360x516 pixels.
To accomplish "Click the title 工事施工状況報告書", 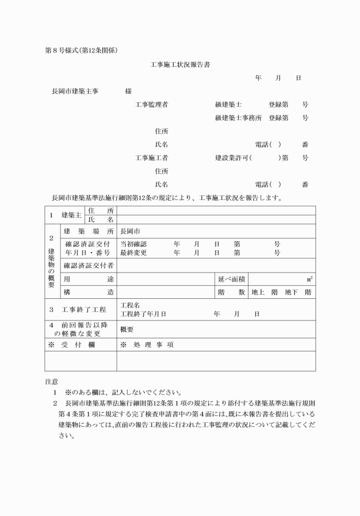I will [179, 65].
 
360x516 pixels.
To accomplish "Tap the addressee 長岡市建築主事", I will [74, 91].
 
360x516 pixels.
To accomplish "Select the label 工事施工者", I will [151, 157].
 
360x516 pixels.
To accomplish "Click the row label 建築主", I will [71, 215].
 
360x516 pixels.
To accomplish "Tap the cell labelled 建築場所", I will [88, 232].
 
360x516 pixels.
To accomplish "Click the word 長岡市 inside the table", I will [129, 232].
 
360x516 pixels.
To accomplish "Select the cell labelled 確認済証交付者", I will [88, 266].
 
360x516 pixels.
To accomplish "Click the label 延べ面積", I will [231, 279].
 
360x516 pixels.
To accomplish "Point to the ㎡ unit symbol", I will [309, 279].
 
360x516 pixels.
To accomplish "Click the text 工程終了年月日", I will [143, 314].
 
